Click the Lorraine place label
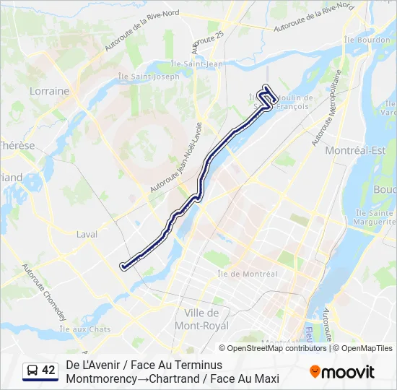[x=50, y=92]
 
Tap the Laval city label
[x=87, y=235]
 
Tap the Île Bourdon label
[x=367, y=40]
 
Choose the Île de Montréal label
[x=248, y=274]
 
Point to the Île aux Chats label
[x=84, y=329]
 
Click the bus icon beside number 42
[x=32, y=371]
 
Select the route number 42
[x=48, y=371]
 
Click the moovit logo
[x=342, y=372]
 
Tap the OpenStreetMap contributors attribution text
[x=276, y=348]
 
